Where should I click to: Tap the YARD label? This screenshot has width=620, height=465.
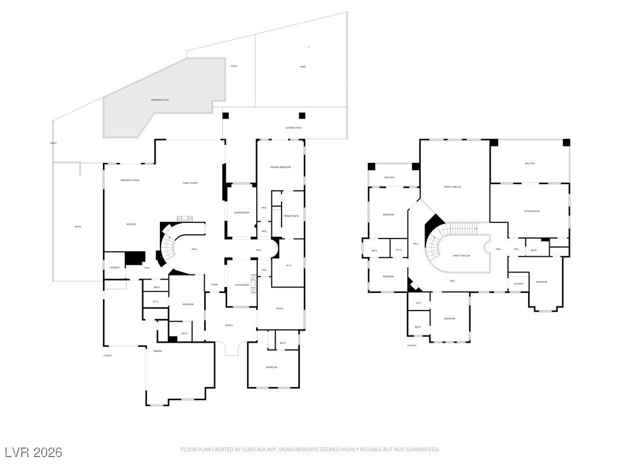[303, 67]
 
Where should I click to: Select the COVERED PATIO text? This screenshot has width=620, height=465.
[294, 128]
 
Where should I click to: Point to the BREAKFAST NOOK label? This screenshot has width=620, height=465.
[130, 180]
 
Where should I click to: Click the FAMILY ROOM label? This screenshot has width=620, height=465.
[191, 183]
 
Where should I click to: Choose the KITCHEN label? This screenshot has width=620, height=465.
[131, 224]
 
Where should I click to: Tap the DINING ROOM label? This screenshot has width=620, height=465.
[242, 213]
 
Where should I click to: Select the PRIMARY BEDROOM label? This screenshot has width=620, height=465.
[280, 167]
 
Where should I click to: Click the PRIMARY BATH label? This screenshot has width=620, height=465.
[291, 216]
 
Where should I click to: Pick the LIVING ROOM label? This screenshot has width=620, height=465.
[242, 285]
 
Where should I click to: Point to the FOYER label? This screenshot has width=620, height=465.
[214, 285]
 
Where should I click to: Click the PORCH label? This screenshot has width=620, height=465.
[229, 325]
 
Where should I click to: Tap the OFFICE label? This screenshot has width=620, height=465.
[280, 309]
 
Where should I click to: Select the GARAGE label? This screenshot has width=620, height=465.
[157, 351]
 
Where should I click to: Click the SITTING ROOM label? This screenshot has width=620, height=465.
[532, 211]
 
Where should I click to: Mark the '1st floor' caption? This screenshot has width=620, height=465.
[107, 355]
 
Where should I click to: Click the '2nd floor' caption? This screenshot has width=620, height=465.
[412, 346]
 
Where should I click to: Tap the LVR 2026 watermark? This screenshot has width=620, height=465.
[33, 452]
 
